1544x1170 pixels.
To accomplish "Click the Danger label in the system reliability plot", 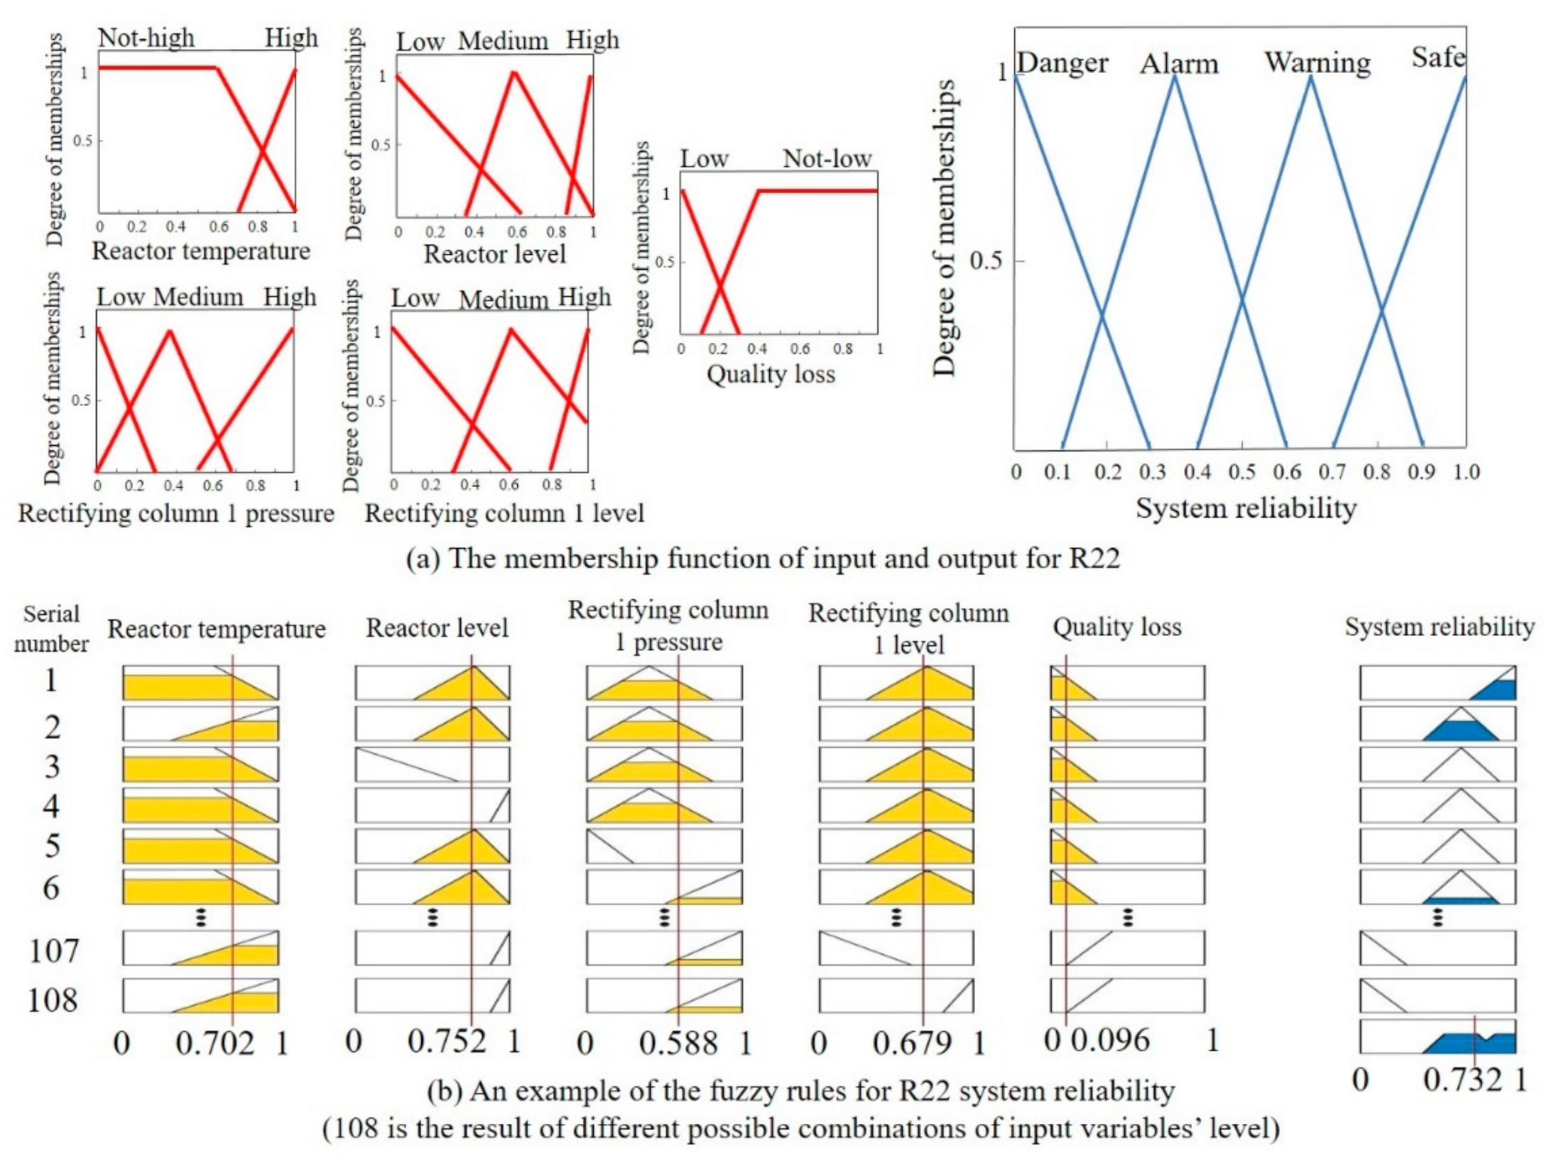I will [x=1062, y=63].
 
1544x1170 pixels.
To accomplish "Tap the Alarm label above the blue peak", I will [x=1179, y=64].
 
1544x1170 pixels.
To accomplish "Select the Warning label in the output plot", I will [x=1317, y=62].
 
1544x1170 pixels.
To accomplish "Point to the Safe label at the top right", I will [x=1438, y=57].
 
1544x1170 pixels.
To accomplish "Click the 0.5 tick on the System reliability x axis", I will [x=1242, y=471].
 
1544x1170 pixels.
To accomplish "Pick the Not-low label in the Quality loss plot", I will [x=827, y=158].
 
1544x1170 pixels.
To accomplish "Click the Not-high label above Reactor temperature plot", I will [x=146, y=38].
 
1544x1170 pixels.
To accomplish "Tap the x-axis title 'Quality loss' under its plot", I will [x=771, y=374].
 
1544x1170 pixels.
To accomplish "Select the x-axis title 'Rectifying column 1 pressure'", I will [x=176, y=513].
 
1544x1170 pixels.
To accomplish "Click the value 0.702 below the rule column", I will [x=214, y=1043].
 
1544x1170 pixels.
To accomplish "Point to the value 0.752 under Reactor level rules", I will [x=447, y=1041].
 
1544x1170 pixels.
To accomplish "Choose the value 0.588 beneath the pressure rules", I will [x=678, y=1043].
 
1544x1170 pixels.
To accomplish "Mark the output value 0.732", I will [x=1463, y=1080].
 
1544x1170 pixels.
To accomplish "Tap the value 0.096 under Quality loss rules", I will [x=1110, y=1040].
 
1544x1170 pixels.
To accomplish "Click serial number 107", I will [x=54, y=951].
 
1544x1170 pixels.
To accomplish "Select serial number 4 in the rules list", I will [x=51, y=806].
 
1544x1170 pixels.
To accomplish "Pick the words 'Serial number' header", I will [x=51, y=629].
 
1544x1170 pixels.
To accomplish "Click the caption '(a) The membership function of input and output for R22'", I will [x=763, y=559].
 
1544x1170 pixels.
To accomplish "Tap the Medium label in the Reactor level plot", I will [x=503, y=41].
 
